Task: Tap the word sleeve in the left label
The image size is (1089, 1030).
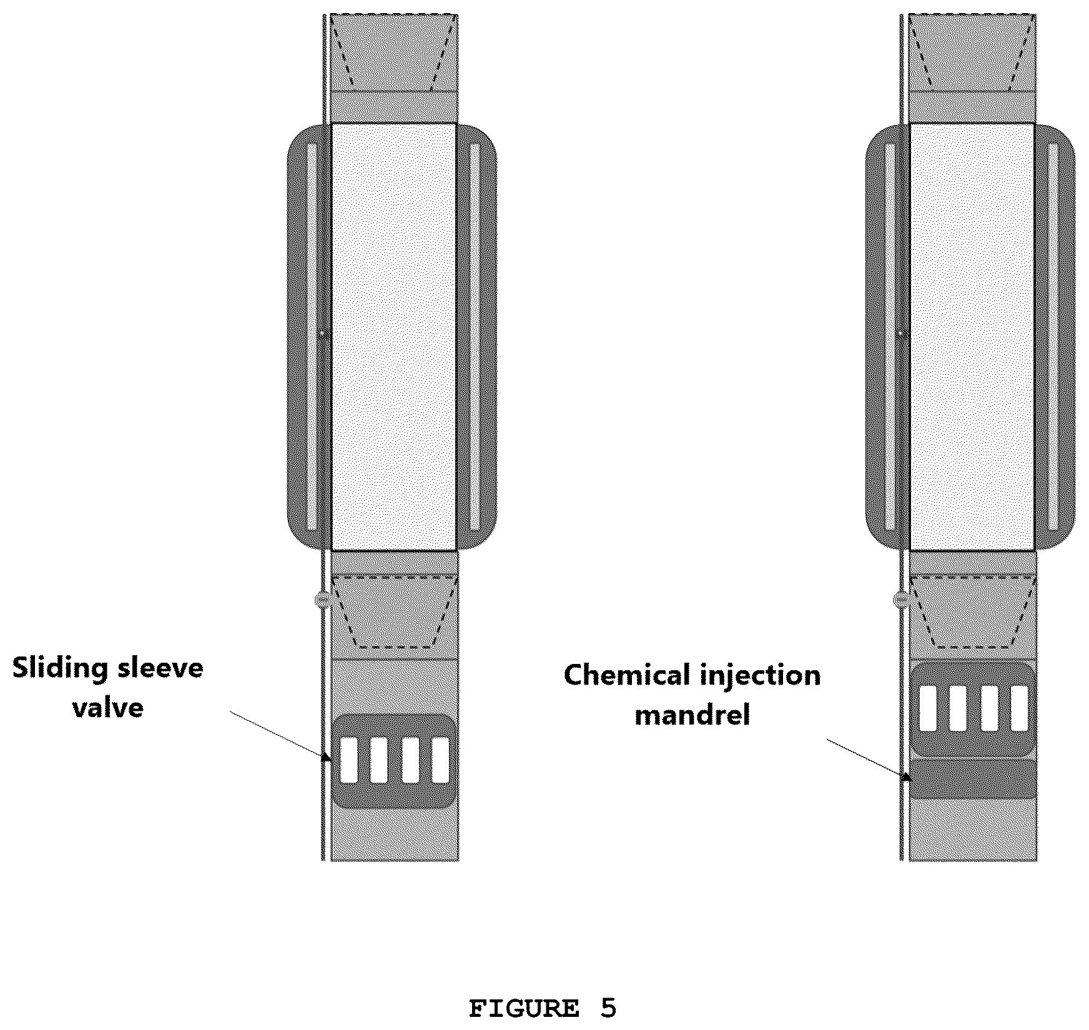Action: coord(157,668)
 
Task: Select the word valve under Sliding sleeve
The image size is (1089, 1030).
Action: coord(108,708)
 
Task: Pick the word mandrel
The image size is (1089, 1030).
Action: coord(692,715)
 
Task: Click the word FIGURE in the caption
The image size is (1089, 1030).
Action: coord(523,1008)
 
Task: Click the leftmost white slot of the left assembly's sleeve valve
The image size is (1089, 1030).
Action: coord(348,760)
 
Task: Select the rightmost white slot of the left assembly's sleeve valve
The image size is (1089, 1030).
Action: coord(440,760)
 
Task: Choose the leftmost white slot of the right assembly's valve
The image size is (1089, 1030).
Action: coord(928,708)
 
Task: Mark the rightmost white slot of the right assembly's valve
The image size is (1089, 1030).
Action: coord(1019,708)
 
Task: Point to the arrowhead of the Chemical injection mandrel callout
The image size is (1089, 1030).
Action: coord(905,777)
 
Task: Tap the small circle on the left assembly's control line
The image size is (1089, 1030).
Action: coord(322,600)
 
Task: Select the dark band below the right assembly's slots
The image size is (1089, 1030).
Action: coord(972,779)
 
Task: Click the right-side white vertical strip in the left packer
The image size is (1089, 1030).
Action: coord(475,337)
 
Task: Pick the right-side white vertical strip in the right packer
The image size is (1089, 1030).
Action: coord(1053,337)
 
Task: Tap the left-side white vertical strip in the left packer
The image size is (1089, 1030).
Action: coord(312,337)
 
